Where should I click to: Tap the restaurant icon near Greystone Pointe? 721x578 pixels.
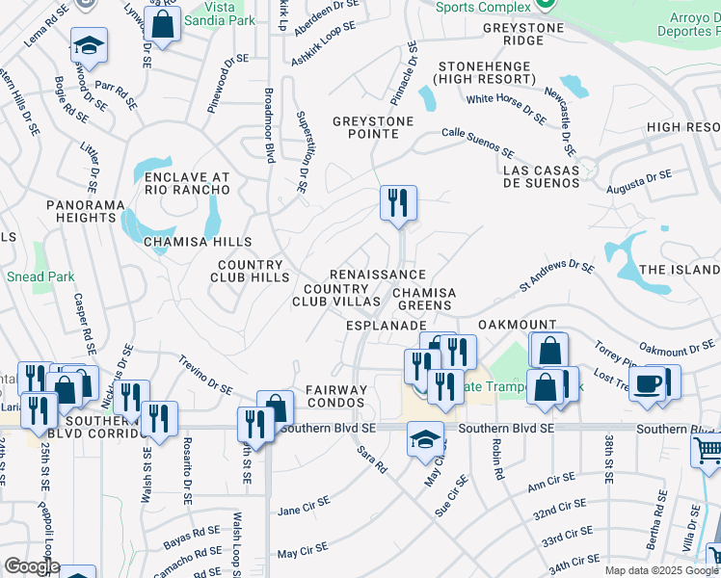coord(397,203)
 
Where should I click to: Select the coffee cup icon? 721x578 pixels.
coord(650,382)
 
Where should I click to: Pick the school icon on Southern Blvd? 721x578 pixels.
coord(425,439)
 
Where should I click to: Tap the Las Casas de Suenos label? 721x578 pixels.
coord(544,176)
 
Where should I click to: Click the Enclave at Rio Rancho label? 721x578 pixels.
coord(187,183)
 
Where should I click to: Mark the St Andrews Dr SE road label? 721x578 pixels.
coord(557,275)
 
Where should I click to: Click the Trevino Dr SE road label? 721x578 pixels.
coord(204,374)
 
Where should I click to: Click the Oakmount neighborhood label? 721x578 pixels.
coord(516,326)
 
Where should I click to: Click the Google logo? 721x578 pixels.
coord(32,566)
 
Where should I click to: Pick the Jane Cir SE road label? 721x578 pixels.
coord(304,505)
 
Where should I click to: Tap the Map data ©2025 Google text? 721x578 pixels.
coord(660,570)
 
